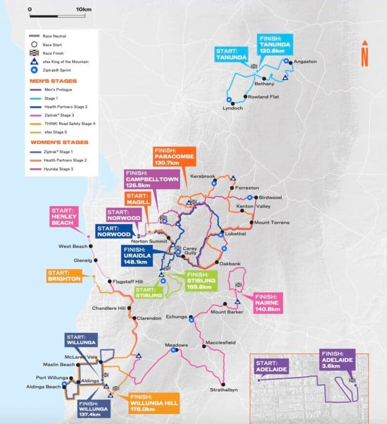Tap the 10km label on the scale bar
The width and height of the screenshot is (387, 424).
tap(83, 9)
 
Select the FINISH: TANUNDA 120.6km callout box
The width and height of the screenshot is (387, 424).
tap(275, 44)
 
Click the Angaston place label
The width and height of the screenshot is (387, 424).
tap(306, 61)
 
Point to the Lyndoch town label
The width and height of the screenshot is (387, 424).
tap(233, 108)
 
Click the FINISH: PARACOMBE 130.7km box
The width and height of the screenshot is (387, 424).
tap(174, 155)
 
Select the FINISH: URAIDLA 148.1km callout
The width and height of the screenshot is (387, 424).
tap(138, 256)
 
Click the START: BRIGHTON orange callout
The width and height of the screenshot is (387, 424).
tap(64, 276)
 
